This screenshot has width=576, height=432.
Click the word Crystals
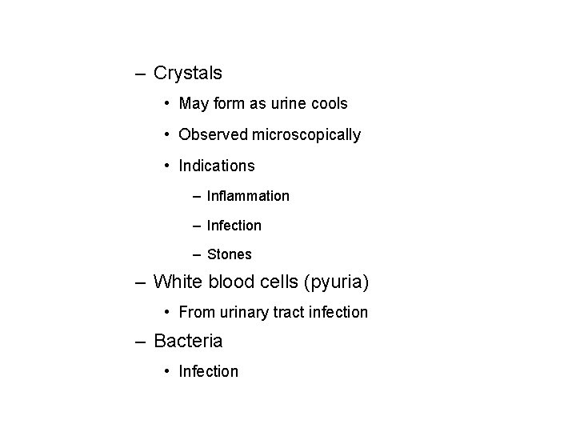point(187,74)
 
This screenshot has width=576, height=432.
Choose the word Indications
point(217,166)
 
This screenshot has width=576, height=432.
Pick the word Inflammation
point(248,196)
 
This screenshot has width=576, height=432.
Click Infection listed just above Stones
point(234,226)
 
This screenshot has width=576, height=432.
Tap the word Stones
point(229,255)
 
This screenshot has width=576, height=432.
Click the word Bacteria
point(188,341)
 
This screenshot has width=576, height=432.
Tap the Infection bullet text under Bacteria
point(209,371)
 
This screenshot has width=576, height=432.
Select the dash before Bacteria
point(140,342)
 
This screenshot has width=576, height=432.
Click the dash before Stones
point(196,255)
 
